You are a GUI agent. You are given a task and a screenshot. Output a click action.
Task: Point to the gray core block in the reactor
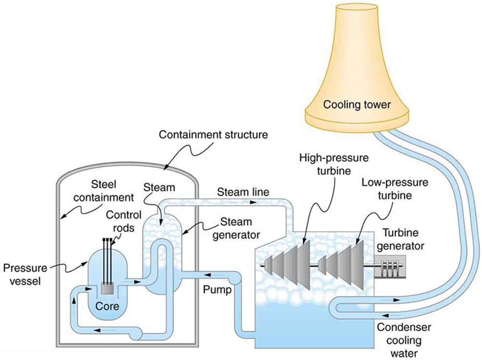tap(108, 288)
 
